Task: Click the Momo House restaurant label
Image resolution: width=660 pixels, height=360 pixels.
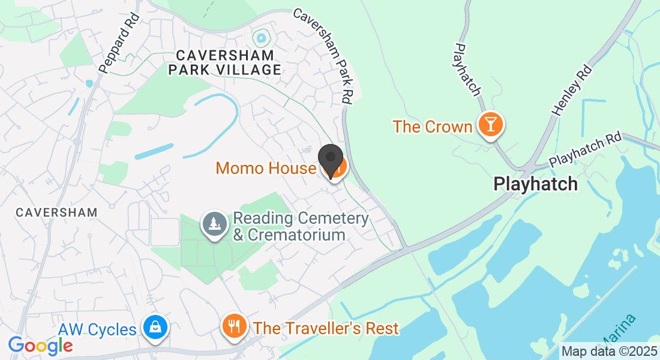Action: tap(265, 168)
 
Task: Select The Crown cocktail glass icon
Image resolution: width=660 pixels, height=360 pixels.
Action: tap(491, 125)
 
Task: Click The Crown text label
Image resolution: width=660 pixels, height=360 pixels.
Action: tap(433, 127)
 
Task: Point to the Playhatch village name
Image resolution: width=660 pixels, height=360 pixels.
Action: tap(535, 184)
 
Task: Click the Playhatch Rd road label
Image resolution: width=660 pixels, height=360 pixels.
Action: tap(585, 150)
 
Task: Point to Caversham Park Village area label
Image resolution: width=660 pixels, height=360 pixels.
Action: tap(224, 62)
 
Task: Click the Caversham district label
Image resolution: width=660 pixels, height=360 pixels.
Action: tap(56, 212)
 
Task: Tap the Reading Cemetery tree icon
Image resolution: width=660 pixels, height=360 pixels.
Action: tap(214, 224)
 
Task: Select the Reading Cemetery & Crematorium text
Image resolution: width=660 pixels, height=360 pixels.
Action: tap(300, 226)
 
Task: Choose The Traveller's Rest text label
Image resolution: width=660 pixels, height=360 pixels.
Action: tap(326, 329)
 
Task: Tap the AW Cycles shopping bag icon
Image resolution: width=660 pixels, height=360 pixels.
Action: tap(155, 328)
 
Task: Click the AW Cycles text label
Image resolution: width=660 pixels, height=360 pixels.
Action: tap(97, 330)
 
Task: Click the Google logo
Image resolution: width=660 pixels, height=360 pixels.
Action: tap(40, 345)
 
